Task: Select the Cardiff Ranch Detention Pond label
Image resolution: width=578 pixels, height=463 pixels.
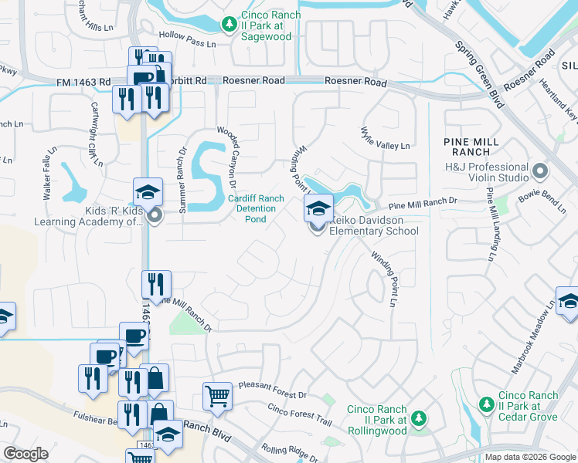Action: click(x=257, y=208)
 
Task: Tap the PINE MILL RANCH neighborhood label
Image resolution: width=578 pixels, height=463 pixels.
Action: click(x=472, y=147)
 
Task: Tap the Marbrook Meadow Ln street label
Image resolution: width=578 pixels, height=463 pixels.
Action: click(x=533, y=340)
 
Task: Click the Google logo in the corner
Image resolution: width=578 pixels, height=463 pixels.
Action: click(x=25, y=454)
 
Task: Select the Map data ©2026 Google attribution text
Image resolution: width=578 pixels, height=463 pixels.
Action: click(x=530, y=457)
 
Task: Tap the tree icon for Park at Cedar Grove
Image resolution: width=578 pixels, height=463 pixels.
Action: click(x=486, y=404)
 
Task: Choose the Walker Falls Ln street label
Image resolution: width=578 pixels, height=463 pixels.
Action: click(x=49, y=174)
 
